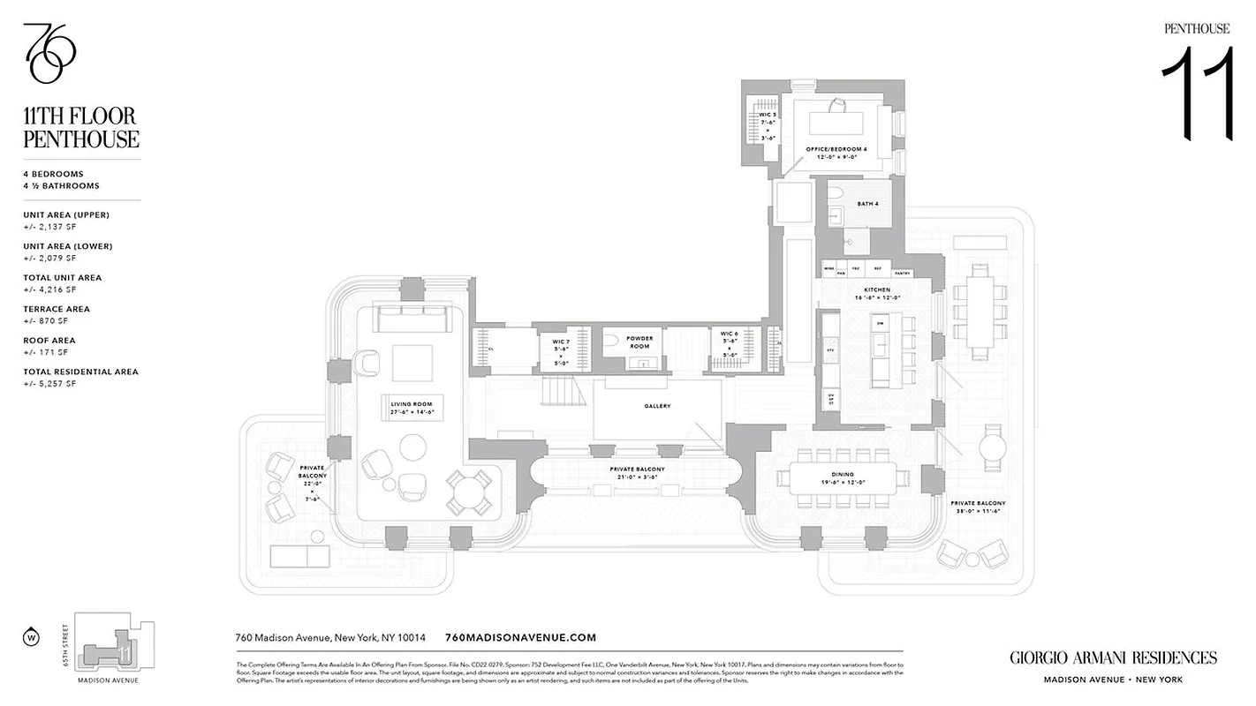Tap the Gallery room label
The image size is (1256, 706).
pos(657,407)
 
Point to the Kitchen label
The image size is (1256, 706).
pos(877,289)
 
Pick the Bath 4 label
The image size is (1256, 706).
pos(866,204)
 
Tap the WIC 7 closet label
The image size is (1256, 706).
pos(560,341)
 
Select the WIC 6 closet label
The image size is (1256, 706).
pos(729,334)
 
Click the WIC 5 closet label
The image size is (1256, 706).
pos(768,115)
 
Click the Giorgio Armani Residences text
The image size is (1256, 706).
pos(1112,657)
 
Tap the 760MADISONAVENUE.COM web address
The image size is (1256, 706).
pos(521,637)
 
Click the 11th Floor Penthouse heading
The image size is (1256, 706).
pos(81,128)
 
